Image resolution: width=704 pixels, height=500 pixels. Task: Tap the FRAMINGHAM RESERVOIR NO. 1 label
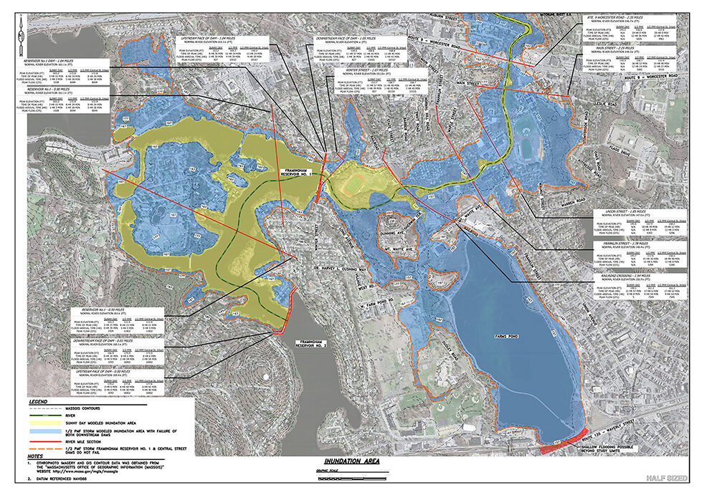[x=296, y=173]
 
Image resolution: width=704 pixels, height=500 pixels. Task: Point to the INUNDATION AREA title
[x=353, y=461]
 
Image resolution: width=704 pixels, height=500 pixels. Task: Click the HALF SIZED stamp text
[x=667, y=478]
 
